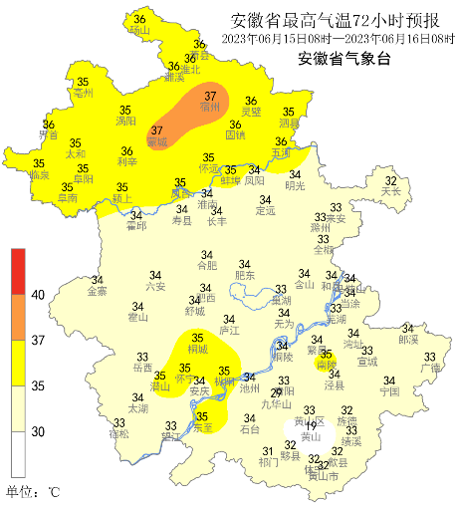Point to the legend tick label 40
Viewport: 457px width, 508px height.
click(x=39, y=295)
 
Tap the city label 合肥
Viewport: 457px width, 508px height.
click(x=206, y=266)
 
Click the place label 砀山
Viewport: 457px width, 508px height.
click(x=140, y=31)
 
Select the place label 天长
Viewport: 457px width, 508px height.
click(x=391, y=190)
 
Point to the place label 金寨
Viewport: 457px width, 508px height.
click(x=97, y=292)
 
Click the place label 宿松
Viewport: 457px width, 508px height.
click(x=118, y=434)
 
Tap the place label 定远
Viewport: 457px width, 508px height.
click(x=265, y=211)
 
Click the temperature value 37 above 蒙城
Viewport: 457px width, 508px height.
click(x=156, y=130)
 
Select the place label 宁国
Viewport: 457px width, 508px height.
click(x=388, y=391)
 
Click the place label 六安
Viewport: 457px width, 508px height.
click(x=155, y=286)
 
